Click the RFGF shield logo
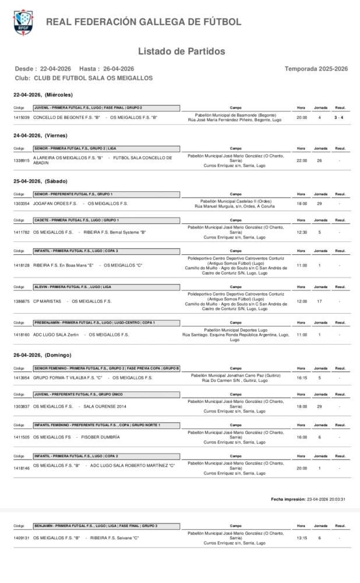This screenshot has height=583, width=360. [x=23, y=22]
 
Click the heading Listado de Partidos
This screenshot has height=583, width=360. [x=181, y=51]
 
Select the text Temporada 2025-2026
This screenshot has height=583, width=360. [x=316, y=69]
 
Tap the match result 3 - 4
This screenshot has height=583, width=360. [x=338, y=117]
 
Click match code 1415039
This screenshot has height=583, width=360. [x=22, y=117]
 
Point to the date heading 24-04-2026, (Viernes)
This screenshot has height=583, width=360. [x=40, y=135]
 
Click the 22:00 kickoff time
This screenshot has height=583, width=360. [x=302, y=160]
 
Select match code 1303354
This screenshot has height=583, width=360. [x=22, y=203]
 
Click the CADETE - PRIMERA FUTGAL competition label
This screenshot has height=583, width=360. [x=76, y=220]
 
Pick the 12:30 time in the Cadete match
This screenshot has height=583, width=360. [x=302, y=232]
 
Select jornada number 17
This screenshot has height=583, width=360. [x=319, y=301]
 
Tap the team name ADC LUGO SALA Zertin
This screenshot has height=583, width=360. [x=56, y=335]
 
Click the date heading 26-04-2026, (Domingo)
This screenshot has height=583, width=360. [x=42, y=355]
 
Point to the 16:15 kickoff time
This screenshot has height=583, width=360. [x=302, y=378]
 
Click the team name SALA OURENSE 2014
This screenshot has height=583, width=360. [x=105, y=406]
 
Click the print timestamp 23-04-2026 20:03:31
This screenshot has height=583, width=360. [x=326, y=499]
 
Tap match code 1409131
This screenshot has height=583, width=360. [x=22, y=538]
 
